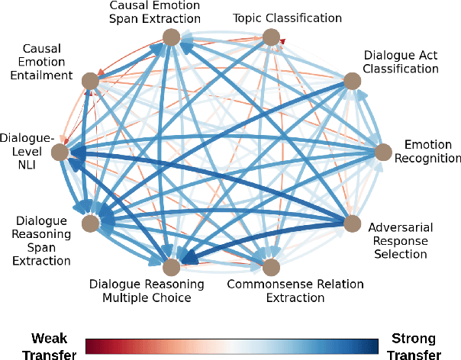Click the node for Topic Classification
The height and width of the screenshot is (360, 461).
click(x=271, y=37)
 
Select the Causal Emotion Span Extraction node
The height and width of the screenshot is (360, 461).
click(x=170, y=37)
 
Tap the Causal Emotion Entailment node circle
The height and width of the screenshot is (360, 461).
click(x=90, y=81)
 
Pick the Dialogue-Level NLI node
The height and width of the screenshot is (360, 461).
click(x=60, y=153)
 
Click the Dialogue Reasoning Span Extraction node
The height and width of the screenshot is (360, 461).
click(x=90, y=223)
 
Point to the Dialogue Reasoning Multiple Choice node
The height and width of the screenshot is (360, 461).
click(x=170, y=267)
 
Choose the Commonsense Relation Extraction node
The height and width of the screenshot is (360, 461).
click(x=271, y=267)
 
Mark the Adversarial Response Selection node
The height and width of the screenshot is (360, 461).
click(x=351, y=223)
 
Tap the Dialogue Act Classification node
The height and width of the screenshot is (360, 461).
click(x=351, y=81)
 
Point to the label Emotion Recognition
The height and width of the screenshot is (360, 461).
click(x=432, y=151)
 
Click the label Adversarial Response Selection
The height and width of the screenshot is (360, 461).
click(x=398, y=240)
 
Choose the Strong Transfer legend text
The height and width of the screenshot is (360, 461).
click(x=415, y=346)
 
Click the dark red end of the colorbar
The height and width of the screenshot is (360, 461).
click(x=89, y=346)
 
